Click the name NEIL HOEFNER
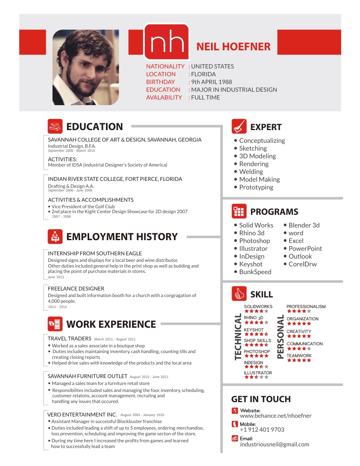click(233, 47)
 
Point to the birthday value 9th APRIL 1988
click(211, 82)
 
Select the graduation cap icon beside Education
click(55, 126)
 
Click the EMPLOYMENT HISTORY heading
click(122, 236)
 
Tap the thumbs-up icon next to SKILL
click(239, 293)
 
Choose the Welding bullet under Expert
click(251, 172)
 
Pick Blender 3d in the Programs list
click(304, 225)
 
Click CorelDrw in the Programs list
click(302, 264)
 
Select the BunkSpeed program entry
click(255, 272)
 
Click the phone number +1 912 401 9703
click(262, 430)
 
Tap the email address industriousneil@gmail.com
click(274, 444)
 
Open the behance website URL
click(275, 416)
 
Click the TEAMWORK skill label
click(299, 356)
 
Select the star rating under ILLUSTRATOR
click(256, 377)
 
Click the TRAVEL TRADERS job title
click(69, 338)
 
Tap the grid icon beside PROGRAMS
click(239, 212)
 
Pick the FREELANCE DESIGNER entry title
click(76, 288)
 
